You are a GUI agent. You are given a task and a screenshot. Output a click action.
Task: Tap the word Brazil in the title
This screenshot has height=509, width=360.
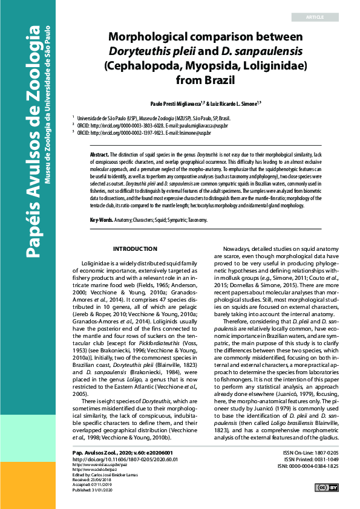point(218,79)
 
